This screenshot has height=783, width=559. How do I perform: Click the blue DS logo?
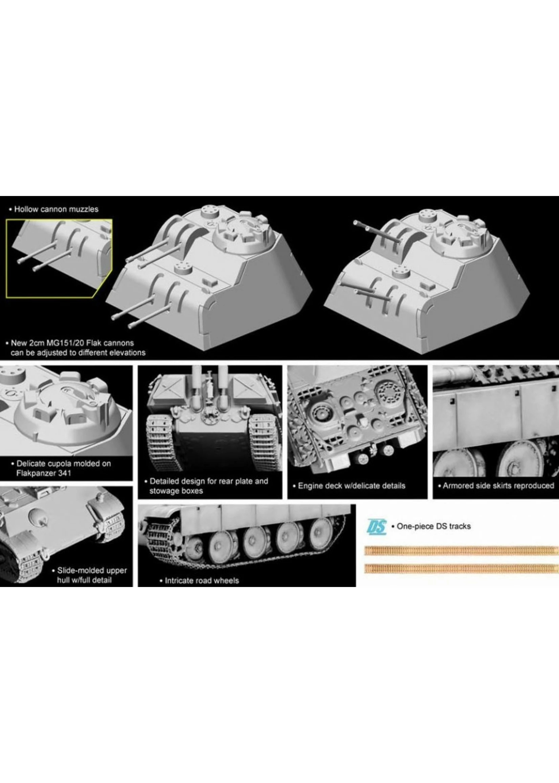pos(377,526)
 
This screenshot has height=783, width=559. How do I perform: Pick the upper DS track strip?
pos(462,550)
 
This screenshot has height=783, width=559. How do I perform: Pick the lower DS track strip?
pos(462,568)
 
